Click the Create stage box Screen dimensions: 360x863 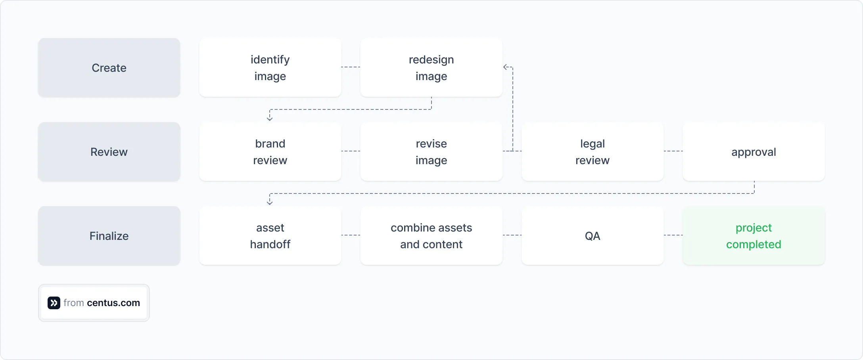[109, 68]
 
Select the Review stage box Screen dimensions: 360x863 [109, 152]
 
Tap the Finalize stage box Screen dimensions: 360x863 [109, 236]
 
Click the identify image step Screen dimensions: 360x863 [270, 68]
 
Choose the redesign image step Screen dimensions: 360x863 [431, 68]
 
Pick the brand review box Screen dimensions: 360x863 [270, 152]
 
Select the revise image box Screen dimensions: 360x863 [431, 152]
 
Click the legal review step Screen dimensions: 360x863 [592, 152]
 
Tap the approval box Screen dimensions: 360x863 [754, 152]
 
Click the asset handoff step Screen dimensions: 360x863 [270, 236]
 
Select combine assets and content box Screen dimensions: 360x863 [431, 236]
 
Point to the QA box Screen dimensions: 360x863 [592, 236]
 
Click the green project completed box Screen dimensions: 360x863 [754, 236]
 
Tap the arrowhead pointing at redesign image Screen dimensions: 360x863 [506, 67]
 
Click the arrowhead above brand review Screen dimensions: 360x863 [270, 119]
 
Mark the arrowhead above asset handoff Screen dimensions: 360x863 [270, 203]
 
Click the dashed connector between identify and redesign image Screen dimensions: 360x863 [351, 67]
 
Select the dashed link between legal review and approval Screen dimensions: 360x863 [673, 151]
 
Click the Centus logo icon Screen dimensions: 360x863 [54, 303]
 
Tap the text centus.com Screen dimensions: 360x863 [113, 303]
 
